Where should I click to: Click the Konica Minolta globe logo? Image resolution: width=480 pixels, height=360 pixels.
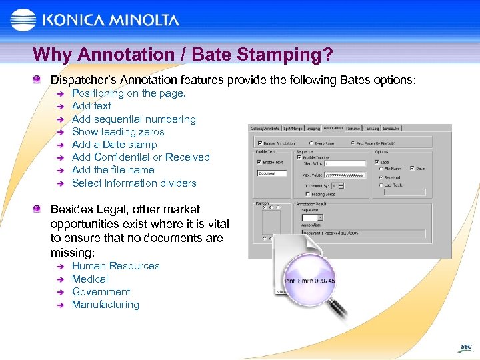pyautogui.click(x=23, y=21)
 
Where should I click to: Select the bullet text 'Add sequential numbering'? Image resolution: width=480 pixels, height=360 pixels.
pyautogui.click(x=133, y=119)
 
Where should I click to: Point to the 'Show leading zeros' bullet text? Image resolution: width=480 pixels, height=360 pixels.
pyautogui.click(x=118, y=132)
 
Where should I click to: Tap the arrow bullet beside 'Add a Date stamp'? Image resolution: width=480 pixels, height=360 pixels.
pyautogui.click(x=59, y=145)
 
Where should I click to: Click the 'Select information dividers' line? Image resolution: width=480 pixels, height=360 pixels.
pyautogui.click(x=134, y=183)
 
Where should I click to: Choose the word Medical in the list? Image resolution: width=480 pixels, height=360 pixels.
pyautogui.click(x=90, y=279)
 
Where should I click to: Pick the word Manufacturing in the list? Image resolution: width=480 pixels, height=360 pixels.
pyautogui.click(x=105, y=305)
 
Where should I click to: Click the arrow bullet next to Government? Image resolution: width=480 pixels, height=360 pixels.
pyautogui.click(x=59, y=292)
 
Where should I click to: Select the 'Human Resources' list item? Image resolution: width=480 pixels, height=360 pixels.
pyautogui.click(x=116, y=266)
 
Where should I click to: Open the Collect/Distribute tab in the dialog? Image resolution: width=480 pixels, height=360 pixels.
pyautogui.click(x=265, y=128)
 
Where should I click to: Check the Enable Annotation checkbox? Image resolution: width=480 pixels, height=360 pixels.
pyautogui.click(x=260, y=142)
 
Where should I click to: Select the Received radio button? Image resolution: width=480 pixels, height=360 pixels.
pyautogui.click(x=380, y=178)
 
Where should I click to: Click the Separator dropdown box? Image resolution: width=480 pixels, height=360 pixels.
pyautogui.click(x=312, y=217)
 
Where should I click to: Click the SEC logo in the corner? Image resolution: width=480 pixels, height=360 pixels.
pyautogui.click(x=465, y=347)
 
